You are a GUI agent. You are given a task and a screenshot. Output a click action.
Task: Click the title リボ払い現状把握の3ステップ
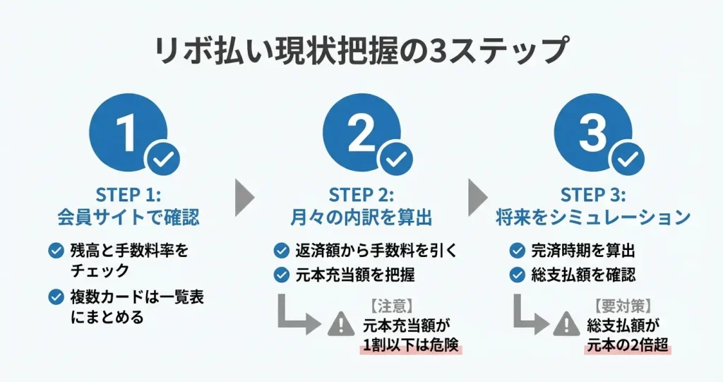pos(361,52)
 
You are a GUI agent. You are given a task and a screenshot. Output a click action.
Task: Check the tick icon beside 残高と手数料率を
pos(55,250)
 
